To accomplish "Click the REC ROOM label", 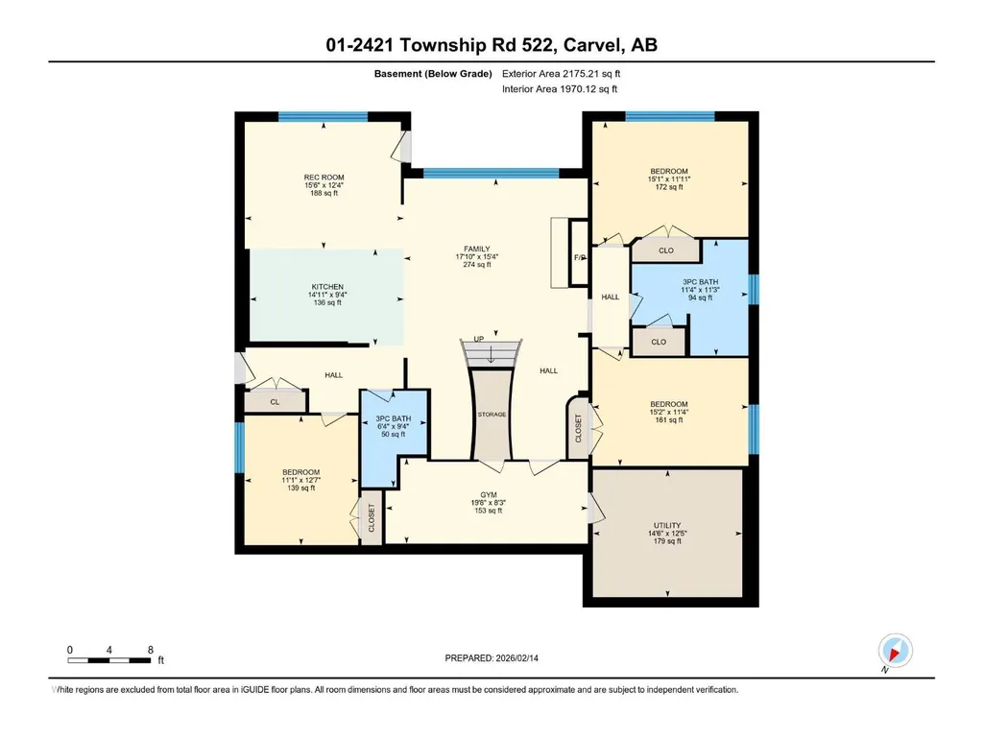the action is pyautogui.click(x=324, y=177).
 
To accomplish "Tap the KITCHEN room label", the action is pyautogui.click(x=327, y=287).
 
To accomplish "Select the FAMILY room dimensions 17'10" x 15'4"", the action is pyautogui.click(x=477, y=256).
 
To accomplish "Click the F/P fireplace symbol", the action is pyautogui.click(x=579, y=253).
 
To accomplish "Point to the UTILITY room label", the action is pyautogui.click(x=667, y=525).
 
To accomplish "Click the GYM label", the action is pyautogui.click(x=489, y=494).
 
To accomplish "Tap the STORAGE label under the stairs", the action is pyautogui.click(x=492, y=415).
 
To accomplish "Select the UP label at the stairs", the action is pyautogui.click(x=479, y=339).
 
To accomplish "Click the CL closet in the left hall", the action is pyautogui.click(x=275, y=402).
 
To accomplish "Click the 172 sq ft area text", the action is pyautogui.click(x=669, y=187).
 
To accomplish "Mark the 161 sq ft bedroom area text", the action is pyautogui.click(x=669, y=419).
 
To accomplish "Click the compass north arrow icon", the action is pyautogui.click(x=895, y=651).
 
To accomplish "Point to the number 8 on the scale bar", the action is pyautogui.click(x=151, y=650).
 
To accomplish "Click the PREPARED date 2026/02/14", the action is pyautogui.click(x=517, y=658).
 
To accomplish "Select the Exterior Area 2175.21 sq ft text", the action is pyautogui.click(x=561, y=74).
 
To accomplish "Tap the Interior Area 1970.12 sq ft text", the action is pyautogui.click(x=560, y=89).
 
